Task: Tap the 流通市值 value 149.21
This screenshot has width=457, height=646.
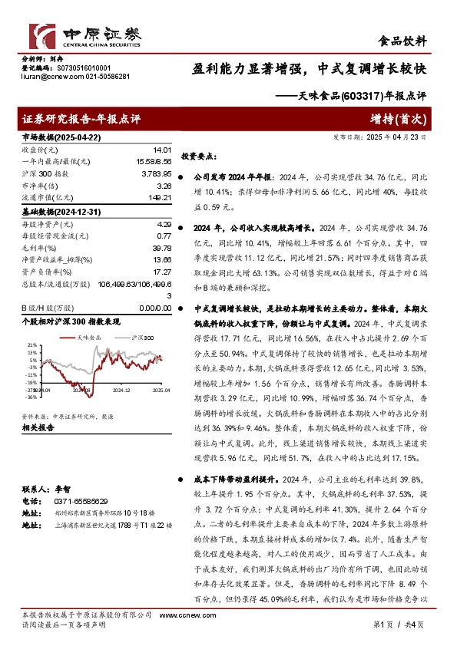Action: point(159,197)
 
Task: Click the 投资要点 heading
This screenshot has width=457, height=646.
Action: point(196,156)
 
